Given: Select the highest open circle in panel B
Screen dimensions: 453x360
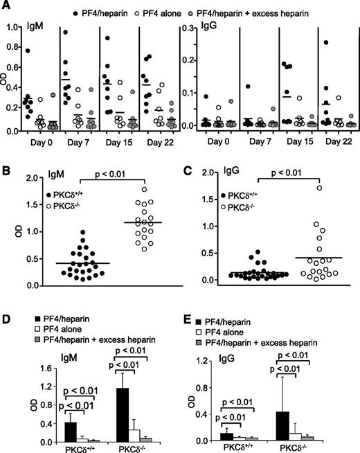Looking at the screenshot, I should (125, 189).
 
